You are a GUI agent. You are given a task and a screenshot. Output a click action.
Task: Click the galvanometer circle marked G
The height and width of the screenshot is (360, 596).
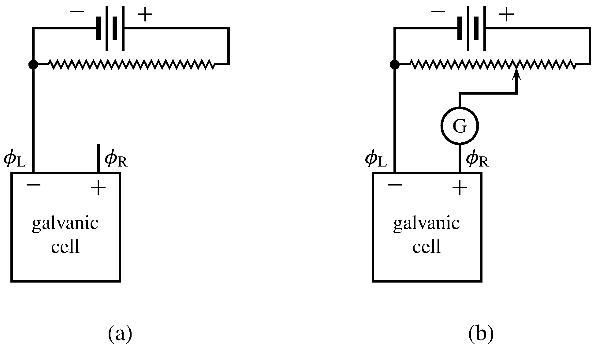point(460,126)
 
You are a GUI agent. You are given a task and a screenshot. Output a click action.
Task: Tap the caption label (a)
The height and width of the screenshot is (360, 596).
point(120,334)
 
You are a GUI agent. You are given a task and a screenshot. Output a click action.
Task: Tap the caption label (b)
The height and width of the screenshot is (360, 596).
point(481,334)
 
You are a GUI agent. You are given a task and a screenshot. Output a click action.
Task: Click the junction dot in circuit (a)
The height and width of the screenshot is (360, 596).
point(33,65)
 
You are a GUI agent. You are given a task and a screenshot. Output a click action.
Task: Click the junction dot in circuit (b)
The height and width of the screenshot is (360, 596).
point(395,65)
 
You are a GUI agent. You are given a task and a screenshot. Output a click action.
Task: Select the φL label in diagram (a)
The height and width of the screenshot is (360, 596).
point(14,160)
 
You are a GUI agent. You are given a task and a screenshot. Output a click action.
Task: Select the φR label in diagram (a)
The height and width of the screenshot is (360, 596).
point(116,160)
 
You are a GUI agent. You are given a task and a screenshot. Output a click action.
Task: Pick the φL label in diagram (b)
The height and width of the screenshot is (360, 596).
point(376,160)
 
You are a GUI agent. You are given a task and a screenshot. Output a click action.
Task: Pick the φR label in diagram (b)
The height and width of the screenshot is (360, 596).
point(477,160)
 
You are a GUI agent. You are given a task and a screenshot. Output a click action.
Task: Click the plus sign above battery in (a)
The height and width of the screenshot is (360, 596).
point(145,15)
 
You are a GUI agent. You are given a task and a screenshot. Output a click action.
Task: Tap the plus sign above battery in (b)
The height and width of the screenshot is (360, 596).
point(506,15)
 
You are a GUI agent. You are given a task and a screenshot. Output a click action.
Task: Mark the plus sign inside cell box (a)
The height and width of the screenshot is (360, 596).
point(98,188)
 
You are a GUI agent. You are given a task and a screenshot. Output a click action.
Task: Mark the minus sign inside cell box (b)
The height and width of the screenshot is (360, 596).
point(395,185)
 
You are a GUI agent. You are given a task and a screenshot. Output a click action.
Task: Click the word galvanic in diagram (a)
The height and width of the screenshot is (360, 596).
point(65,224)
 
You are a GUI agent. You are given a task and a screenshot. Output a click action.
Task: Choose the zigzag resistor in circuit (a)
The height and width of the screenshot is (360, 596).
point(132,65)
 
